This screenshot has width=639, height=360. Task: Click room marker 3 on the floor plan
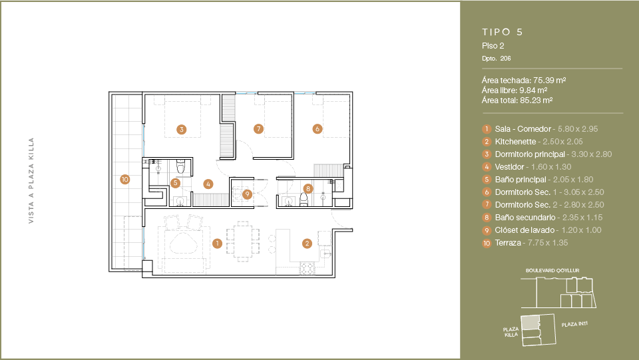181,130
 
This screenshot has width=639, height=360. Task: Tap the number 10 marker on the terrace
124,179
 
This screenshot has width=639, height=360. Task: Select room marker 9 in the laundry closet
247,194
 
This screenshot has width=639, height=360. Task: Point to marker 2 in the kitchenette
307,244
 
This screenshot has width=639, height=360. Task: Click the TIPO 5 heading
502,32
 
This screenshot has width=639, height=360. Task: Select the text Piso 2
493,46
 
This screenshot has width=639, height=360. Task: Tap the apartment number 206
505,59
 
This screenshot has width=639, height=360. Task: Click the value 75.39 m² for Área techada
549,81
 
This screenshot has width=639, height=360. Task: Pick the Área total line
517,100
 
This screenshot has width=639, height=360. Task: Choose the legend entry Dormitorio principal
530,154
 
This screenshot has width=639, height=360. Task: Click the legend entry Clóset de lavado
525,230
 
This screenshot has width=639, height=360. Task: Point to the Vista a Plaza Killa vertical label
31,180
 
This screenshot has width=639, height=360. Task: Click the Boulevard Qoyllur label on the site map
552,270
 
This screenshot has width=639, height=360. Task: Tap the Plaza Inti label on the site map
574,324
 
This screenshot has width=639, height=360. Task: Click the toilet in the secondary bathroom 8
304,200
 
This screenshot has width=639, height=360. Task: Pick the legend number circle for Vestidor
487,167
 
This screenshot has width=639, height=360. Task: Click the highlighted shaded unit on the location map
529,323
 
